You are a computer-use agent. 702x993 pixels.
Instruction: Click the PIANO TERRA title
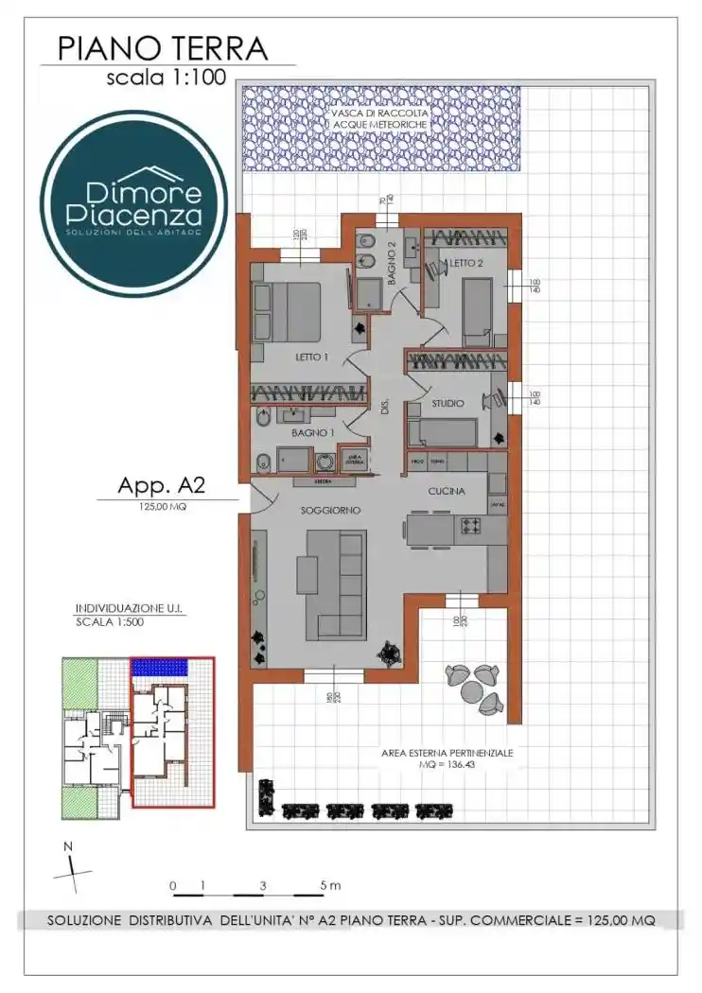tap(162, 47)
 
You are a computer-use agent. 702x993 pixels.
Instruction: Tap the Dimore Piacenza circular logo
tap(133, 204)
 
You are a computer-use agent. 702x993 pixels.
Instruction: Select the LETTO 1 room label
tap(311, 357)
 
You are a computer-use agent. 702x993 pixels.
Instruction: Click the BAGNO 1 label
tap(311, 432)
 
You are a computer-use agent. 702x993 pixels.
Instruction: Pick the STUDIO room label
tap(448, 404)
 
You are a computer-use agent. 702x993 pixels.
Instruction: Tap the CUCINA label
tap(444, 491)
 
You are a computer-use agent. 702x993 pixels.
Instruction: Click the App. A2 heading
tap(162, 486)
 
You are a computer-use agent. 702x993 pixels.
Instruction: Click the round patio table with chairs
tap(472, 687)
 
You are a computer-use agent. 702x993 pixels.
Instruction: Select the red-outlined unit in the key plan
tap(171, 732)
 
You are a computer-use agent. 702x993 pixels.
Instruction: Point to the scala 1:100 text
tap(166, 78)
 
